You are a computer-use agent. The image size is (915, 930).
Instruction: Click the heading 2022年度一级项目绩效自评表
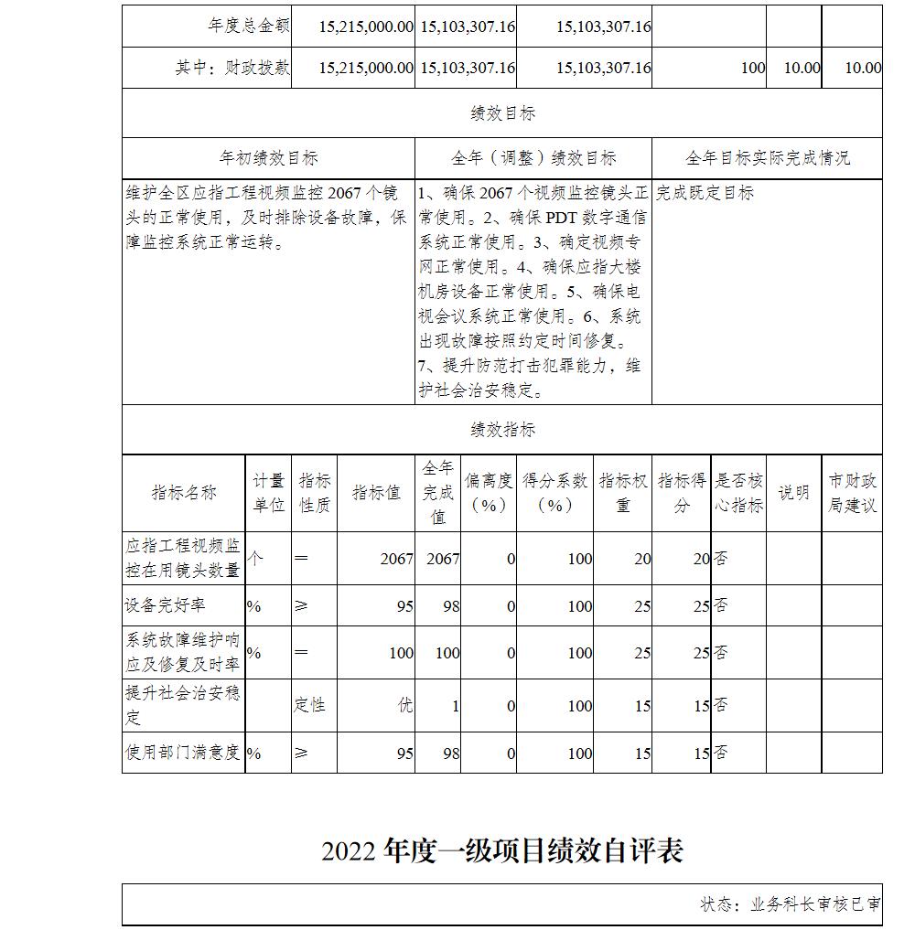502,851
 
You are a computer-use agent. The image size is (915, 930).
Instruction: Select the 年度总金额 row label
249,27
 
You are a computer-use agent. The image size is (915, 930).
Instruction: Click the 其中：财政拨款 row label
232,68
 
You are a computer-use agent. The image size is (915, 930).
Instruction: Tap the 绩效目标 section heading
502,113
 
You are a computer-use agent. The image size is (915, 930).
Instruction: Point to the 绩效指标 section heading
502,430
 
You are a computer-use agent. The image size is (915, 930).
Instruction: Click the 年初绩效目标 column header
268,158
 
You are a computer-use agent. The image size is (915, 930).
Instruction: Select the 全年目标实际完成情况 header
767,158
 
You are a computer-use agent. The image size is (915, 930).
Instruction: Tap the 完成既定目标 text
705,193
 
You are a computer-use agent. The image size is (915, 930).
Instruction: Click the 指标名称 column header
184,493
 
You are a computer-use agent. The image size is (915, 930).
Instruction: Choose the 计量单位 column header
268,493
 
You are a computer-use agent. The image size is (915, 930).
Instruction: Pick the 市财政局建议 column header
852,493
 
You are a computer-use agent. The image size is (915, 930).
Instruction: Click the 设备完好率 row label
166,605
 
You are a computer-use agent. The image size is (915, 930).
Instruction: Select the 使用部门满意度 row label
183,753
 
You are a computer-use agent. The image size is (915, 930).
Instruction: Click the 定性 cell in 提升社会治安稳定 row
309,705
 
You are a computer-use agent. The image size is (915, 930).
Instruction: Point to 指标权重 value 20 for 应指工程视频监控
642,559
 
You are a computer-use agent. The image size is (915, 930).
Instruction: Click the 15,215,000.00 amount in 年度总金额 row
366,27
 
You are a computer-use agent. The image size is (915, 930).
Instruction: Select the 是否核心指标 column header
738,493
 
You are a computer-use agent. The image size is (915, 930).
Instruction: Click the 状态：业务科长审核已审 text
790,904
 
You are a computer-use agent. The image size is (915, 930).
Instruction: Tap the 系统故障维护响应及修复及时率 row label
183,652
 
